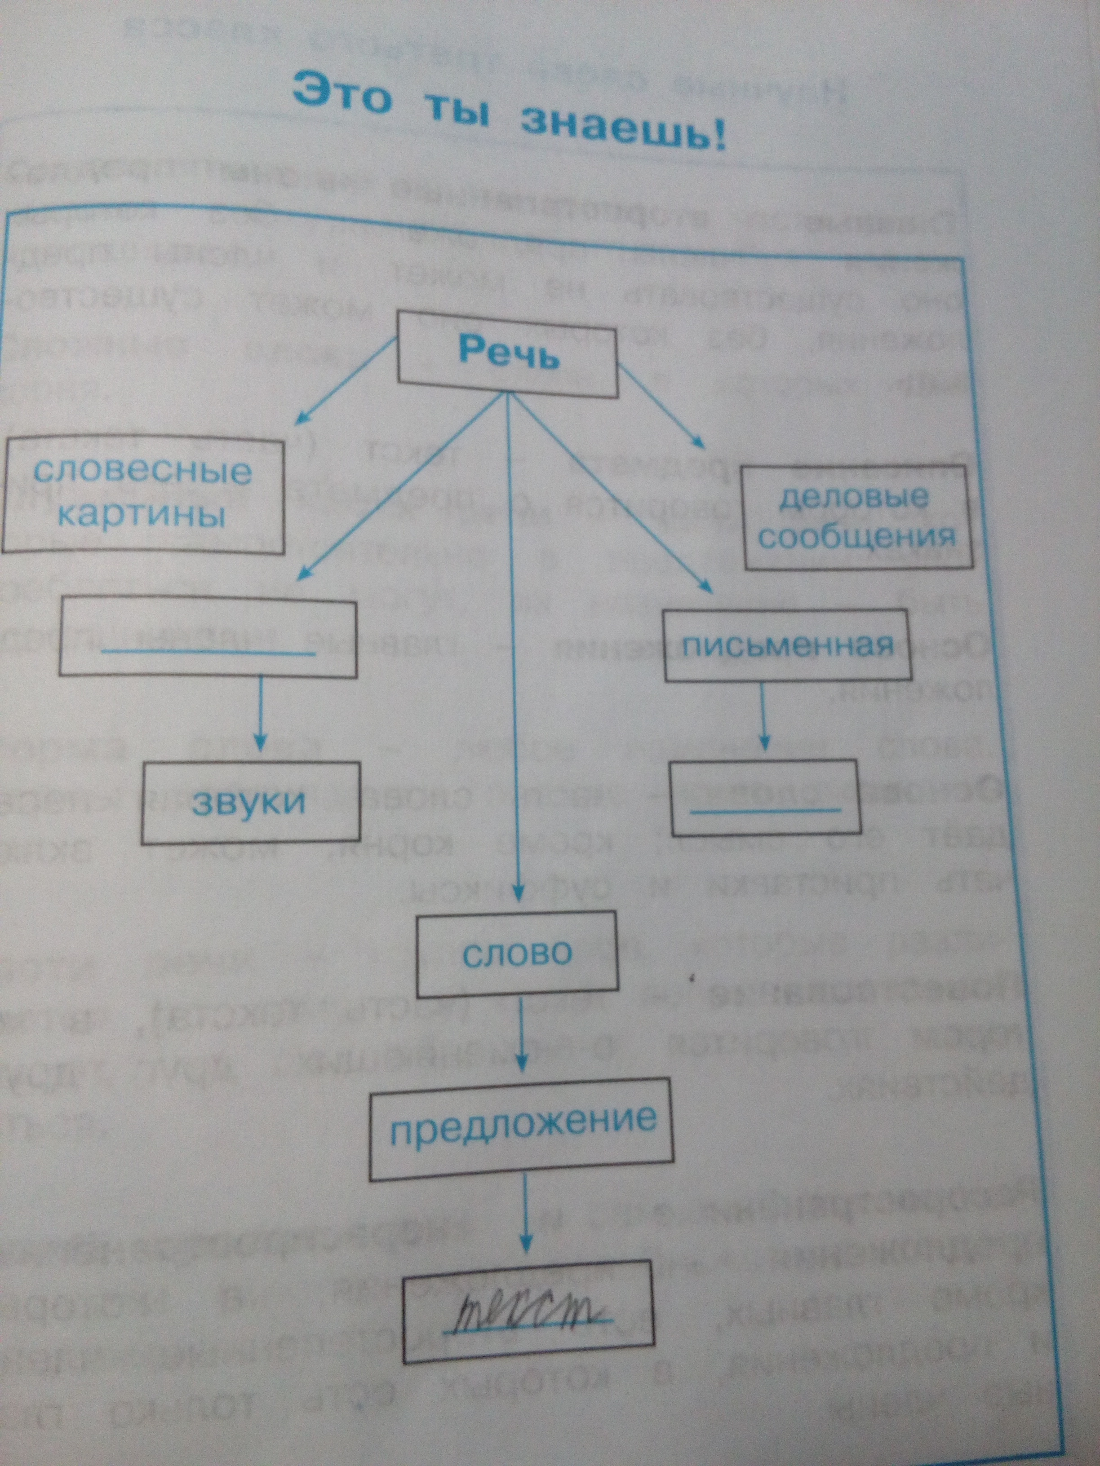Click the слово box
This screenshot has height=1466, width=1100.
click(517, 954)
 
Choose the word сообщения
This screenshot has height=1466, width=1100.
click(857, 537)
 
